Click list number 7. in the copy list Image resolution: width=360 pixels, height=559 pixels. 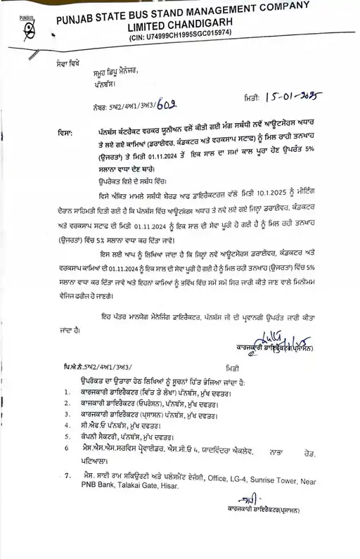click(x=66, y=476)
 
